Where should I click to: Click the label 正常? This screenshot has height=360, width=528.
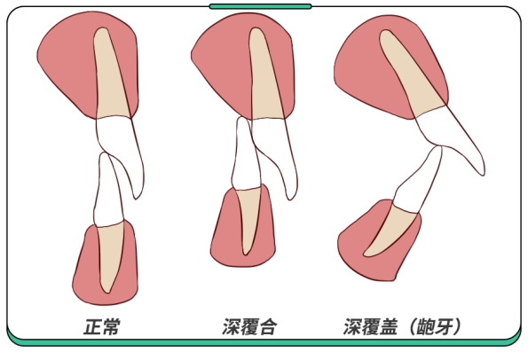102,326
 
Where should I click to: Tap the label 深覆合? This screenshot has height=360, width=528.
250,326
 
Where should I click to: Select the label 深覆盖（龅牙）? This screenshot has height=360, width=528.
402,326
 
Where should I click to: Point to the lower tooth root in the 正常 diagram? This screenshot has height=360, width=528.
110,255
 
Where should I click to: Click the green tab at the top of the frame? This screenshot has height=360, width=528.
260,6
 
